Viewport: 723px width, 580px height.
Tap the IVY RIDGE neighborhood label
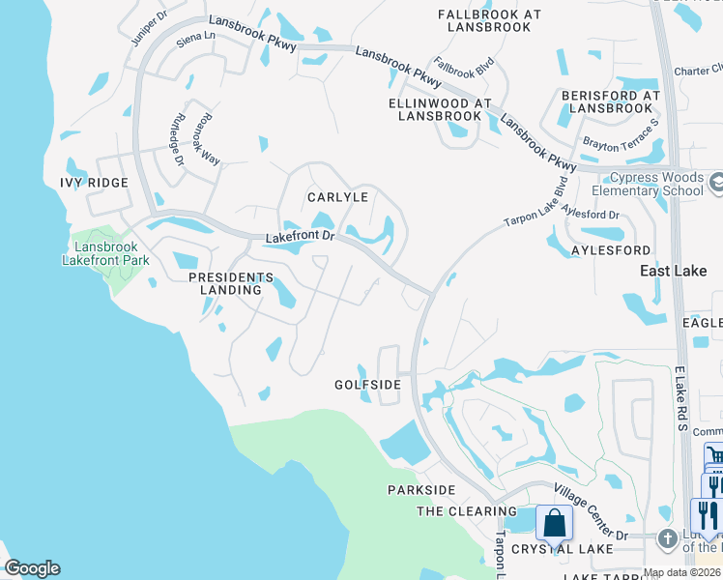pyautogui.click(x=94, y=183)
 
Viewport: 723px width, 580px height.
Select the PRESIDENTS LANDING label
pyautogui.click(x=225, y=283)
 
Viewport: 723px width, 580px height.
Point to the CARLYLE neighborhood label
pyautogui.click(x=338, y=196)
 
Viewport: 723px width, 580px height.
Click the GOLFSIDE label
pyautogui.click(x=367, y=385)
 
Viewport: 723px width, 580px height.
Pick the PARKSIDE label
pyautogui.click(x=421, y=490)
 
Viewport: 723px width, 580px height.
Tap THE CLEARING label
pyautogui.click(x=467, y=511)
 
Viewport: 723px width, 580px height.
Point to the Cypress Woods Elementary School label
pyautogui.click(x=657, y=184)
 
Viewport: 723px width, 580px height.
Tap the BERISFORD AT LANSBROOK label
pyautogui.click(x=611, y=101)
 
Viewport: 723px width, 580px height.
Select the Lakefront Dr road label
pyautogui.click(x=300, y=236)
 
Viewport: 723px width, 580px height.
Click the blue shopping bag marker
pyautogui.click(x=555, y=524)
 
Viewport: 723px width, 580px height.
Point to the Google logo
pyautogui.click(x=32, y=568)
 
